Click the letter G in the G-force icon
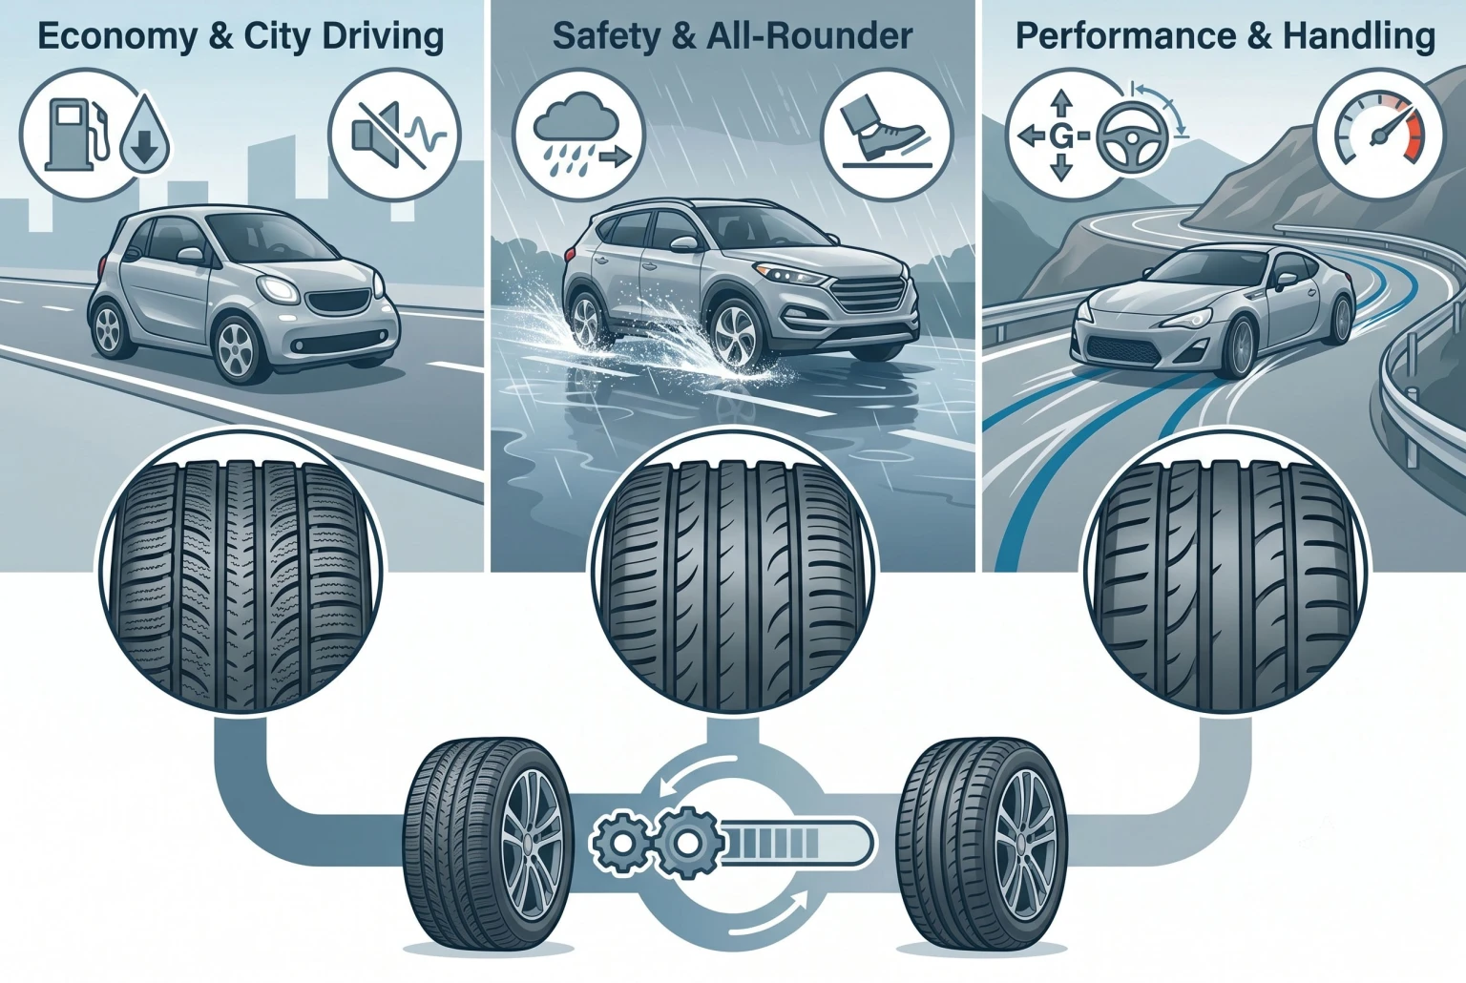[1061, 139]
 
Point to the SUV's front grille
[868, 296]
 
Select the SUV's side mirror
[683, 244]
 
